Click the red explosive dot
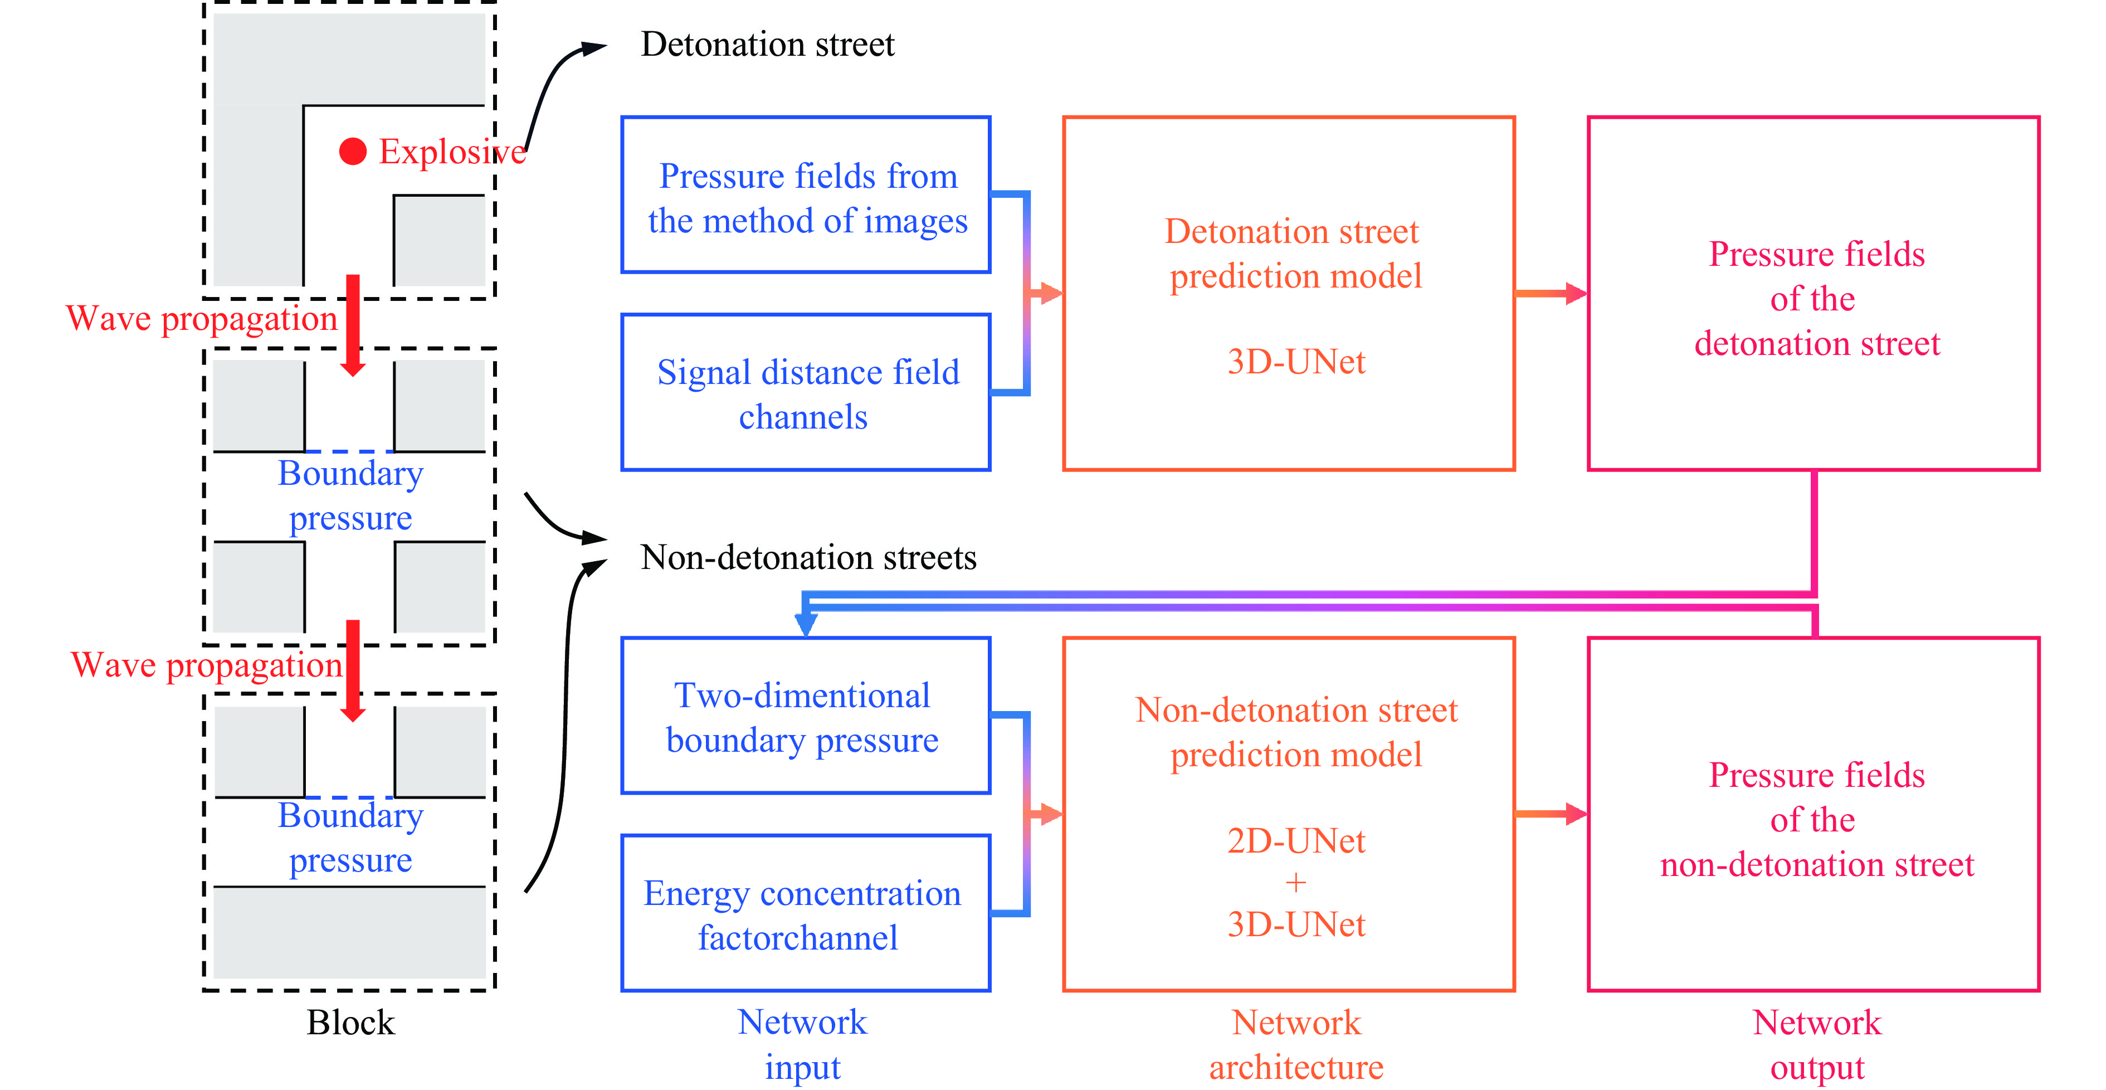pyautogui.click(x=352, y=151)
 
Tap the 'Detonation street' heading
pyautogui.click(x=767, y=44)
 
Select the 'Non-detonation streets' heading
pyautogui.click(x=808, y=558)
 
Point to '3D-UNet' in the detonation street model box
pyautogui.click(x=1296, y=362)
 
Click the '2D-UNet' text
pyautogui.click(x=1296, y=840)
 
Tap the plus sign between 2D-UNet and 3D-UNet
pyautogui.click(x=1296, y=882)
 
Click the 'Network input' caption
pyautogui.click(x=802, y=1044)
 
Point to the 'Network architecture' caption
pyautogui.click(x=1296, y=1044)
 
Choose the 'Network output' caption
pyautogui.click(x=1817, y=1044)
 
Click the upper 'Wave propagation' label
pyautogui.click(x=201, y=318)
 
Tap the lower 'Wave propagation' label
pyautogui.click(x=206, y=665)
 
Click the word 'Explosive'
pyautogui.click(x=451, y=152)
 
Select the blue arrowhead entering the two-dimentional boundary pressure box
pyautogui.click(x=806, y=625)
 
